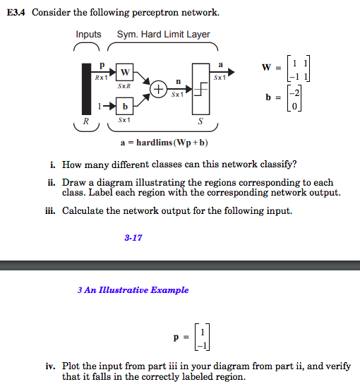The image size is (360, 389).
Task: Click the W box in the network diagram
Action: [x=125, y=72]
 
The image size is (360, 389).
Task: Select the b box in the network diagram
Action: [x=125, y=107]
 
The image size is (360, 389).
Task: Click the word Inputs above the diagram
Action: [x=89, y=34]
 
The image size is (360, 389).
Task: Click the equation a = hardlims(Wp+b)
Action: [x=164, y=143]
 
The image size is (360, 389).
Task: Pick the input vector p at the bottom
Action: [x=193, y=337]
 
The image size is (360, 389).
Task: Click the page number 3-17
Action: [x=133, y=238]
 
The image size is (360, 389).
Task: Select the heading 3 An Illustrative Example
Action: [x=134, y=290]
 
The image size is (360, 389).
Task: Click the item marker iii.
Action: [x=54, y=210]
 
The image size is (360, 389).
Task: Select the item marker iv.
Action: [x=54, y=366]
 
